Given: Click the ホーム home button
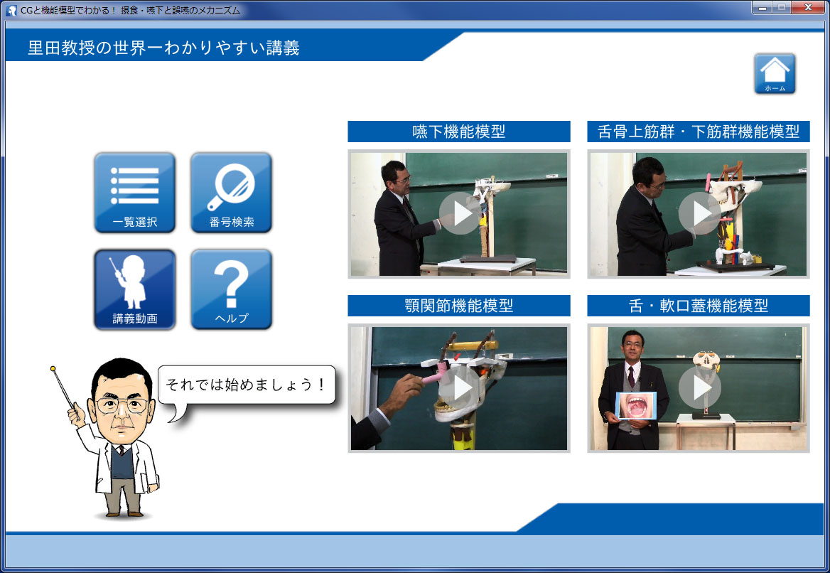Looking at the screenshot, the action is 775,74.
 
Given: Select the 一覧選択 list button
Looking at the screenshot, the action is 134,193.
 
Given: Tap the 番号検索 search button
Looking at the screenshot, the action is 232,193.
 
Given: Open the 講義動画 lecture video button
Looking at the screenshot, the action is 134,289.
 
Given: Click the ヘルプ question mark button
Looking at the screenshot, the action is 232,289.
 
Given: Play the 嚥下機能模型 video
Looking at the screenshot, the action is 460,213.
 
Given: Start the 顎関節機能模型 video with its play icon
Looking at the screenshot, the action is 460,387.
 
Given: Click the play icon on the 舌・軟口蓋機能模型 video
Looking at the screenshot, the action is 699,387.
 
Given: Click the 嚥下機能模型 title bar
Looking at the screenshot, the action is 459,132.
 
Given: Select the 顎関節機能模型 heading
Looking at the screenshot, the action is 459,306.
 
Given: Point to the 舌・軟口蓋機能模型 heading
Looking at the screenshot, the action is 699,306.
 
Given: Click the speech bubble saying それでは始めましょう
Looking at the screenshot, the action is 246,385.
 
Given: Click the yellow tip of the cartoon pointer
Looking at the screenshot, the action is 53,368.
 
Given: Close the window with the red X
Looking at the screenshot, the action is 808,7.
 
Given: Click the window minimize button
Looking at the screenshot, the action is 762,7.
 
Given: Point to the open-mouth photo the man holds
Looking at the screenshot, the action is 636,406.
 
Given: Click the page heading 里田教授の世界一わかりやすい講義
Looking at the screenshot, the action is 163,48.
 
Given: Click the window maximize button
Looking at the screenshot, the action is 782,7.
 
